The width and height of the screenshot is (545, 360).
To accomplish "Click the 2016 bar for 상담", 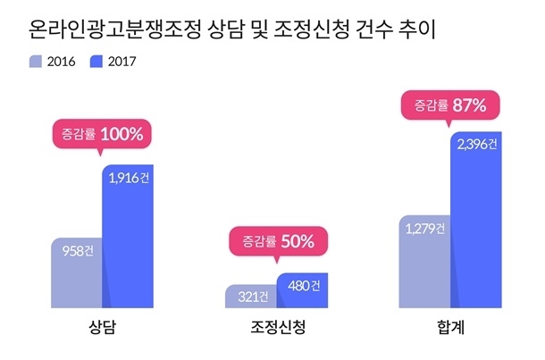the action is [77, 272].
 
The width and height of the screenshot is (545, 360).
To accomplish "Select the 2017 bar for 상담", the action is [128, 237].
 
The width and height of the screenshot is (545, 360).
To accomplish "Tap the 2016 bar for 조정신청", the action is [251, 297].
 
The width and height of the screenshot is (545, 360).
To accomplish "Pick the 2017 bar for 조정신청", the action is [302, 290].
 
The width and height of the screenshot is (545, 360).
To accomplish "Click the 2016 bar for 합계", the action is [424, 262].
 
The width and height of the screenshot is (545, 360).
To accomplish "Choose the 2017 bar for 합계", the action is [476, 220].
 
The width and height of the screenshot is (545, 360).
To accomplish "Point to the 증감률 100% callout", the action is [102, 136].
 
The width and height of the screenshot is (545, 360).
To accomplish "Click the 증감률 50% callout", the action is [278, 243].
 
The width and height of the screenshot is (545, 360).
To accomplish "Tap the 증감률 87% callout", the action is [450, 107].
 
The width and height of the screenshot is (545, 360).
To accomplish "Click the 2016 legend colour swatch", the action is [36, 62].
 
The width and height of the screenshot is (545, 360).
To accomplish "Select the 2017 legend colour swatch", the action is [96, 62].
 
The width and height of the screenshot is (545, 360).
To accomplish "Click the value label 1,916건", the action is [129, 178].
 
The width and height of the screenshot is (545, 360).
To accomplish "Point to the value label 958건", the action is [78, 251].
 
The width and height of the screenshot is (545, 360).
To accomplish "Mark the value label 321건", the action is [253, 297].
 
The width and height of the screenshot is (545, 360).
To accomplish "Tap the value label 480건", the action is [304, 286].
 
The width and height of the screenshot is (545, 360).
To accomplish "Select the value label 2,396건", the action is [477, 144].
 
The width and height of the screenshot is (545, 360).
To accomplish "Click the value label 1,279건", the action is [425, 229].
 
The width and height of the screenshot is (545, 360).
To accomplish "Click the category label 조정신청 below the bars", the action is [278, 327].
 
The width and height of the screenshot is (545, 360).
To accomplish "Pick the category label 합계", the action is [450, 327].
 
